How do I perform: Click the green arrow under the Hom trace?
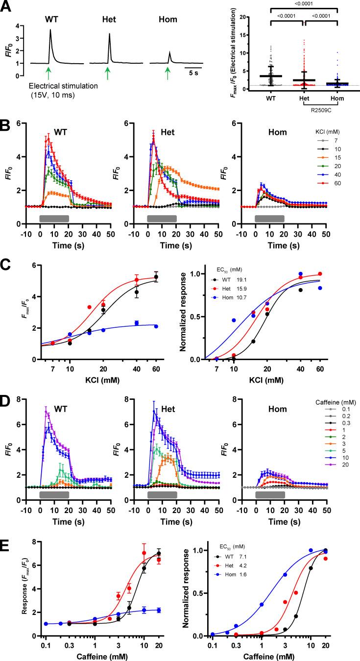pyautogui.click(x=168, y=73)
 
